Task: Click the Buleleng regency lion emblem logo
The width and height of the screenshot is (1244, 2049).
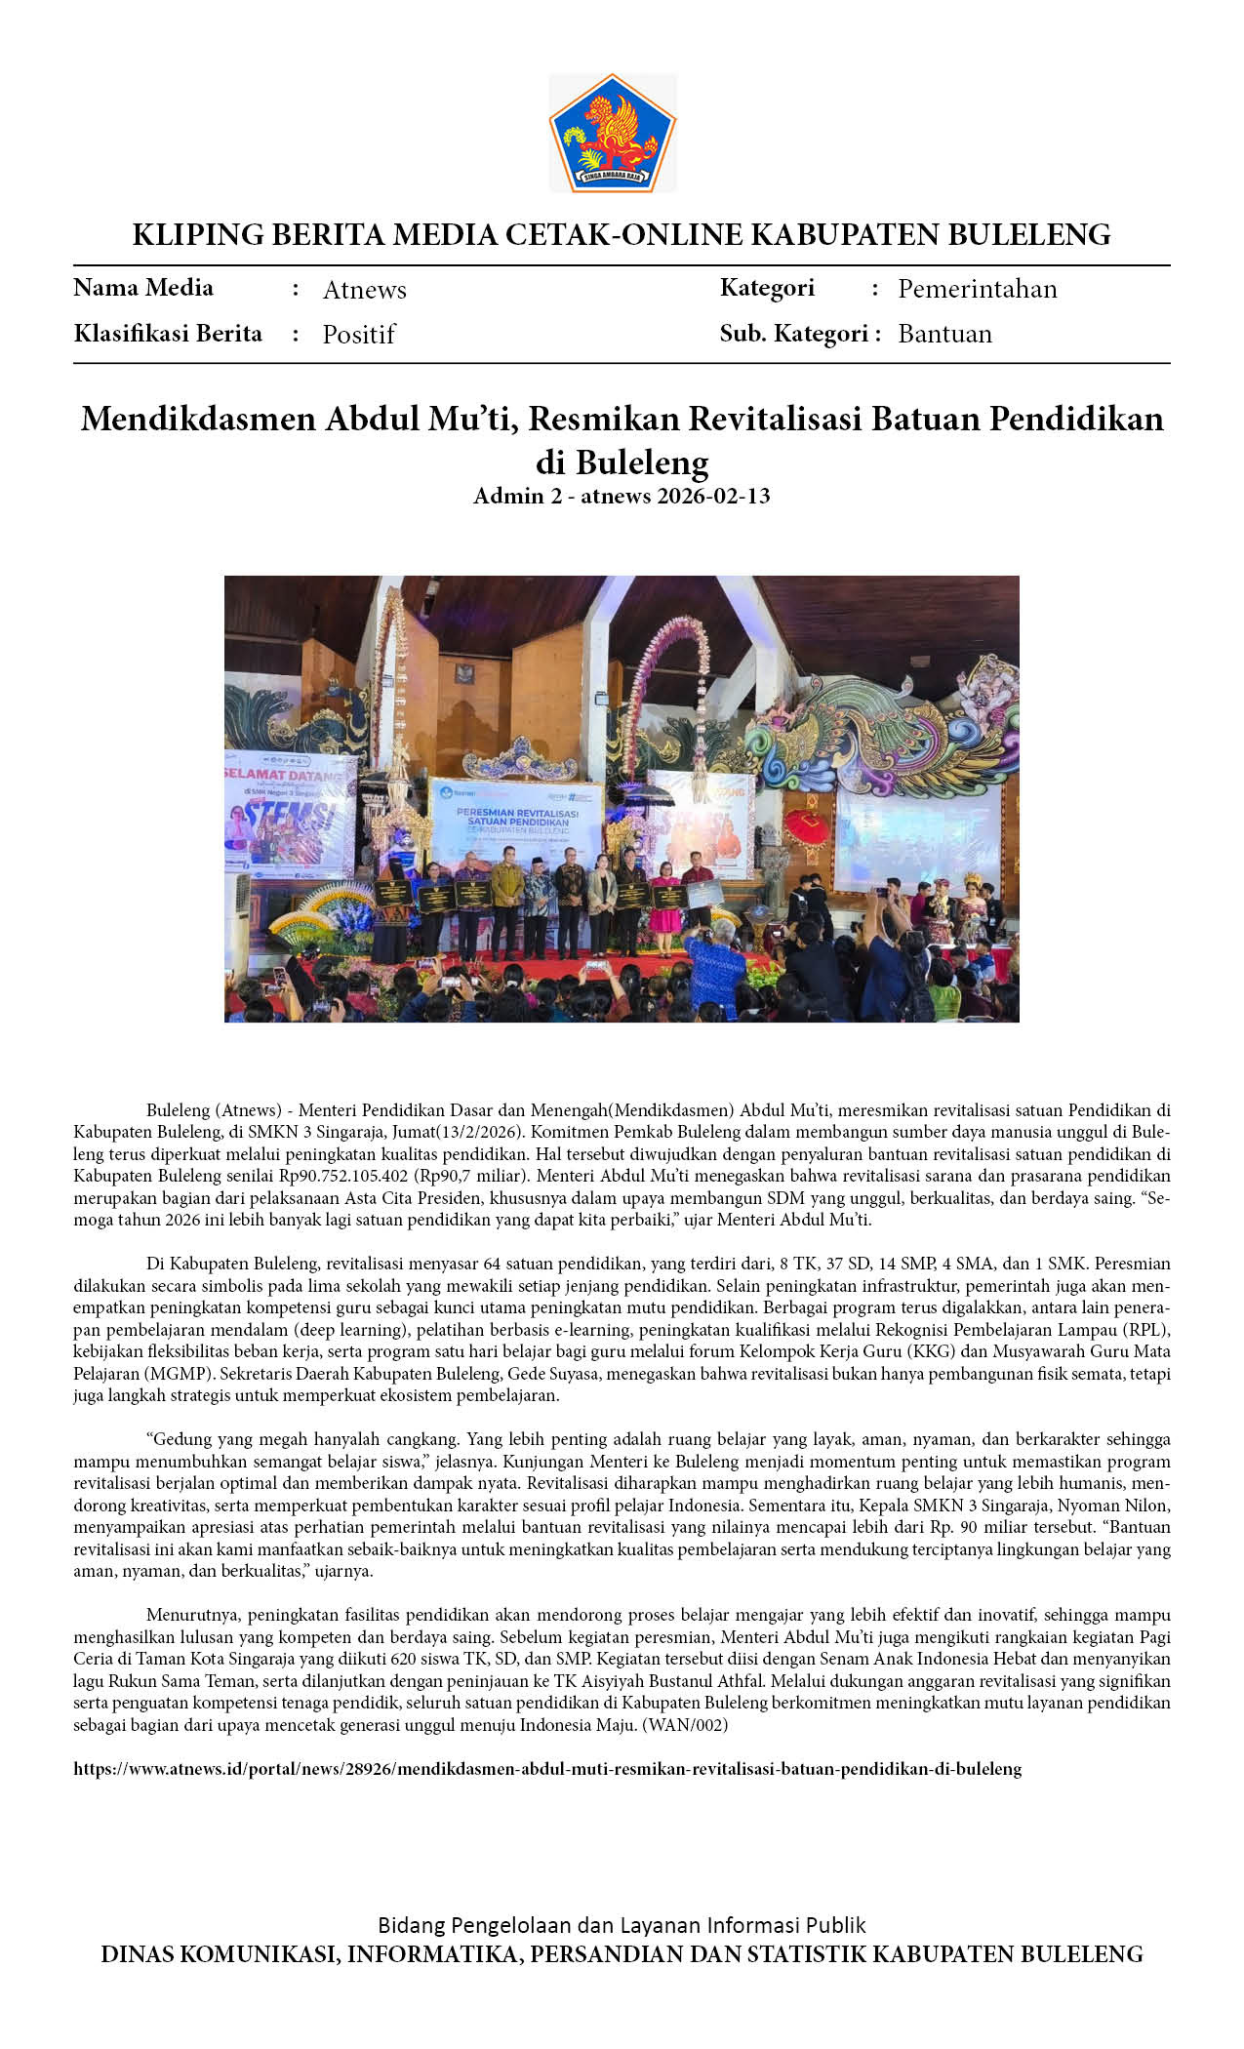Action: (612, 133)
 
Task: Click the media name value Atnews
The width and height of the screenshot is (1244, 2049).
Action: (364, 290)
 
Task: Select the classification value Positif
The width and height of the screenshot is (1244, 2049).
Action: (358, 335)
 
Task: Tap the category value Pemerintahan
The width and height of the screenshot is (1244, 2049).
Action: (977, 289)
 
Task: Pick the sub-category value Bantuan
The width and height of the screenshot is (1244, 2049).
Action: (944, 334)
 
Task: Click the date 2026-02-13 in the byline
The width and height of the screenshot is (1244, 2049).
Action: (713, 496)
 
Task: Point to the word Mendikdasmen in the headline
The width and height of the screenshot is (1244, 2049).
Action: (198, 419)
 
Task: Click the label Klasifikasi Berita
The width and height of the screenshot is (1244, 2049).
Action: (168, 334)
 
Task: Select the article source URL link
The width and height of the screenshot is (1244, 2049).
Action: (547, 1768)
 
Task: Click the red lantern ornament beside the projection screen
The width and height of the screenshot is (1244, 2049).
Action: (807, 822)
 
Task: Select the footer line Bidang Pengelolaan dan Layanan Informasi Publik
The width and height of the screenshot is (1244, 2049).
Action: (622, 1925)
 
